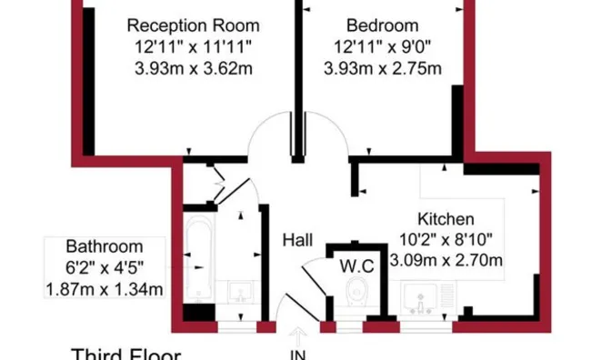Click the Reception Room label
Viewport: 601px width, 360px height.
(193, 25)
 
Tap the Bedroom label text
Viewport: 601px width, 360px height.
(382, 25)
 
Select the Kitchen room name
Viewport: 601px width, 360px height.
(446, 219)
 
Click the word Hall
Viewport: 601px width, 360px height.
(298, 240)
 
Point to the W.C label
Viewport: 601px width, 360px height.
(356, 266)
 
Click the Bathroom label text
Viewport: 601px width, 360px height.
(105, 246)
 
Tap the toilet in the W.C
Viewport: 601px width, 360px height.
(357, 292)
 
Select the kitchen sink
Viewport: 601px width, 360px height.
(420, 298)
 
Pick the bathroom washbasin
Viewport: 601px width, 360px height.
(239, 292)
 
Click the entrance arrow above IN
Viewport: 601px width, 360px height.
(298, 336)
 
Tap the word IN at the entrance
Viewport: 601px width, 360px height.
(298, 355)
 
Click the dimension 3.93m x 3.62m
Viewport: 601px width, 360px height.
(194, 69)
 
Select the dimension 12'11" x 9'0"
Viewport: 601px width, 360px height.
(382, 47)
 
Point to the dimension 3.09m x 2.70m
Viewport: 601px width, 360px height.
(446, 260)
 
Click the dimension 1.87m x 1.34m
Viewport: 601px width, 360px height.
(105, 289)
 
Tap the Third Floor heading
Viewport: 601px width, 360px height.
(126, 355)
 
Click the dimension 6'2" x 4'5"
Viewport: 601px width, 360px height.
(105, 267)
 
